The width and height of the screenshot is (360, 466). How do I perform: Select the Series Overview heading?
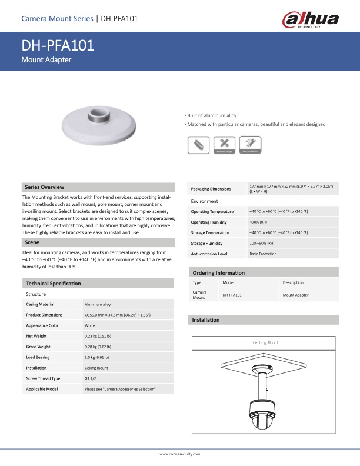[45, 187]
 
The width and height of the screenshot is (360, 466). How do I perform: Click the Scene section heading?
[32, 242]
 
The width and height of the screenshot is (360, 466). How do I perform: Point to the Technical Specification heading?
[54, 284]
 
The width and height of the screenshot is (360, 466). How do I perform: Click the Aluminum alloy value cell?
[98, 304]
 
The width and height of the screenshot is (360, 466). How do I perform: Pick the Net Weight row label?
[36, 336]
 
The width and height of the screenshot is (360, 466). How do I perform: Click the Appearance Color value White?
[90, 325]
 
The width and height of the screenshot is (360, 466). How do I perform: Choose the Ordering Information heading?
[219, 273]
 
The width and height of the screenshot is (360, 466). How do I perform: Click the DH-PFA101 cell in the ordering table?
[232, 295]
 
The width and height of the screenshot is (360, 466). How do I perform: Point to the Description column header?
[293, 283]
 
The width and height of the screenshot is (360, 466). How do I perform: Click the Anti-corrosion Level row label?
[209, 254]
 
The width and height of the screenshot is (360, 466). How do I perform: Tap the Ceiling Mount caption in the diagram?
[265, 342]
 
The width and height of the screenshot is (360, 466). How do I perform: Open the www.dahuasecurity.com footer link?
[180, 454]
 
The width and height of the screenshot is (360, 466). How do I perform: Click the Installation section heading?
[206, 320]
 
